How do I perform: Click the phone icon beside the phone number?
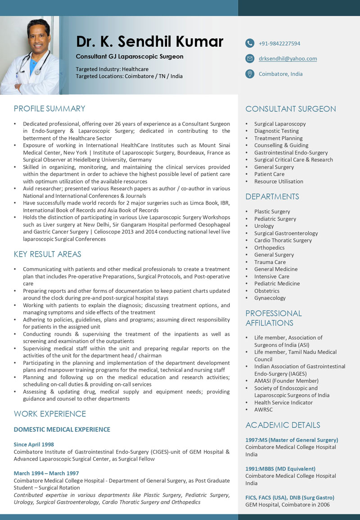point(250,43)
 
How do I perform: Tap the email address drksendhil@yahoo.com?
point(288,58)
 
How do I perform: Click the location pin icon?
point(250,74)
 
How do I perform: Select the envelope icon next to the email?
point(250,58)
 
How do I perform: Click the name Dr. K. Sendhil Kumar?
point(149,41)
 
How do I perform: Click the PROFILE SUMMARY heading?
point(49,108)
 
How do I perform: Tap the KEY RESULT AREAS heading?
point(48,254)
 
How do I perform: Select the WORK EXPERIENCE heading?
point(50,414)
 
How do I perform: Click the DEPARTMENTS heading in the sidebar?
point(272,197)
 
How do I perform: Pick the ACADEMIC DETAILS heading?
point(283,425)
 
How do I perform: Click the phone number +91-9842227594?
point(279,44)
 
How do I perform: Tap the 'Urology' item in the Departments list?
point(264,226)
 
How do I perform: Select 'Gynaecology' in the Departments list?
point(270,298)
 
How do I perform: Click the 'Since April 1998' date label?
point(34,444)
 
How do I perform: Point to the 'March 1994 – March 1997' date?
point(46,473)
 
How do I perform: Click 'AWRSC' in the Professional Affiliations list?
point(263,409)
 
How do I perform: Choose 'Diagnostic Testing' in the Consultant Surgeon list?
point(276,131)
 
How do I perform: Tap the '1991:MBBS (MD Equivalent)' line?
point(280,469)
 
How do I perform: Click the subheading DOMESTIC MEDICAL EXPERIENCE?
point(62,430)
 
